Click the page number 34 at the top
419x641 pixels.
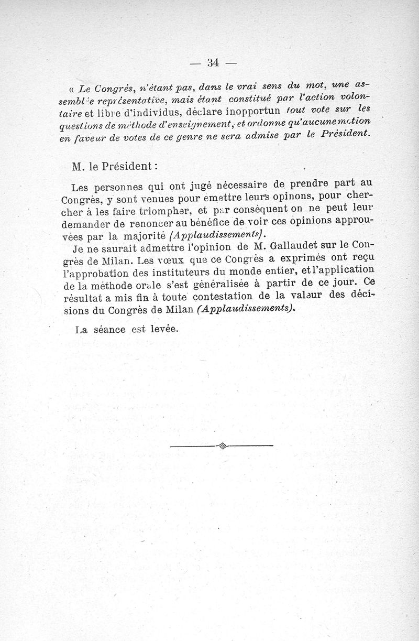[x=213, y=63]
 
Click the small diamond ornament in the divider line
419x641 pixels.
[x=222, y=446]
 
